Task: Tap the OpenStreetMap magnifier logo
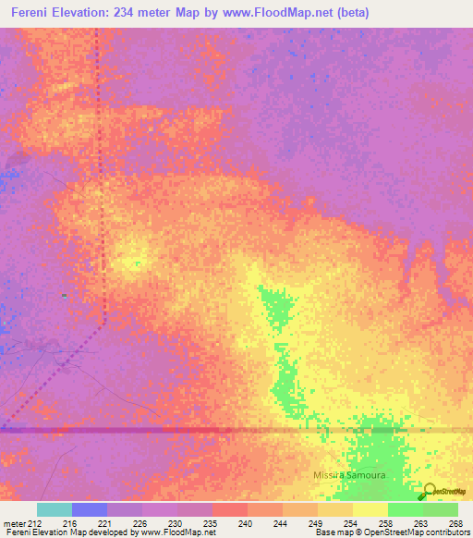[x=429, y=491]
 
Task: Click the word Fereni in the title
[x=34, y=13]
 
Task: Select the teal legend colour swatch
[x=55, y=509]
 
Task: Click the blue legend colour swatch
[x=90, y=509]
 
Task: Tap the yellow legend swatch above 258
[x=370, y=509]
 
